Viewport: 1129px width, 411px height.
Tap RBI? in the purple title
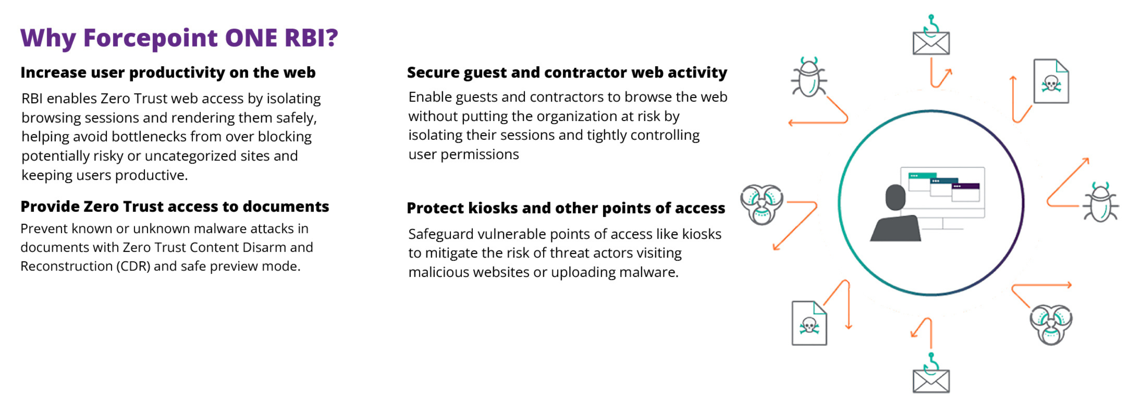click(x=311, y=38)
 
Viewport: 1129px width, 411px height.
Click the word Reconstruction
click(x=67, y=266)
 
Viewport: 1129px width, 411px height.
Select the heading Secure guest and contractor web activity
click(x=567, y=73)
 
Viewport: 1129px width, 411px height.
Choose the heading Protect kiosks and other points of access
click(x=566, y=208)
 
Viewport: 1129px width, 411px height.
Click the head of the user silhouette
click(x=895, y=197)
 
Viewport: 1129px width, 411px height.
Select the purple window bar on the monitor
click(x=966, y=186)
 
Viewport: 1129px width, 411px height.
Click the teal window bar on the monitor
click(x=922, y=176)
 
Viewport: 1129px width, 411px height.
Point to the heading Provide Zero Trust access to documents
click(x=175, y=207)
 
